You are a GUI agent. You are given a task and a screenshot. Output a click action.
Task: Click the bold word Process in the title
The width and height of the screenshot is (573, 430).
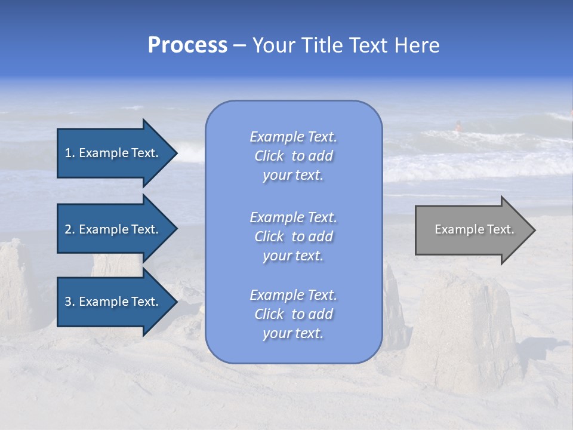pyautogui.click(x=187, y=45)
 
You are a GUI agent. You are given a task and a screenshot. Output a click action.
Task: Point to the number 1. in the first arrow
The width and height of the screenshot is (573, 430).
pyautogui.click(x=70, y=153)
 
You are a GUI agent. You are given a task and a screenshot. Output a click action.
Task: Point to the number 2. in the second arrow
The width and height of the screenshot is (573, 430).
pyautogui.click(x=70, y=229)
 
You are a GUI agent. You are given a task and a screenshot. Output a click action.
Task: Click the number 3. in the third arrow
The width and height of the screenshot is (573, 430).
pyautogui.click(x=70, y=302)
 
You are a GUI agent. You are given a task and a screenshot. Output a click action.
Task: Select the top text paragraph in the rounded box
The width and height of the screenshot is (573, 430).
pyautogui.click(x=293, y=156)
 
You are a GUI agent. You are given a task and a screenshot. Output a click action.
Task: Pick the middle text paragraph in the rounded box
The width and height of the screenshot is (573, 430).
pyautogui.click(x=293, y=236)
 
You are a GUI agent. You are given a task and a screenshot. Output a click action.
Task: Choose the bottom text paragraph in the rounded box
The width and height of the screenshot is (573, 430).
pyautogui.click(x=293, y=314)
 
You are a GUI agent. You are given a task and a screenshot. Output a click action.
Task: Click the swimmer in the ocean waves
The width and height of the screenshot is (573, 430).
pyautogui.click(x=458, y=126)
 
